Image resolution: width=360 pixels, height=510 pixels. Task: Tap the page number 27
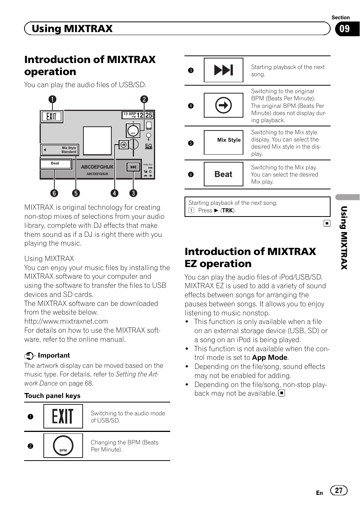pos(338,490)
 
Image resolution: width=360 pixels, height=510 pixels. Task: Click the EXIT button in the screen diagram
pos(52,117)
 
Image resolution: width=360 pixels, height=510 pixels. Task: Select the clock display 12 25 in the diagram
pos(144,115)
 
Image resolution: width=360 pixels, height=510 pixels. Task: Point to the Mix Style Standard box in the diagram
pos(60,150)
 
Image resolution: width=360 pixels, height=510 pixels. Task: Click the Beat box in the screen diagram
pos(56,164)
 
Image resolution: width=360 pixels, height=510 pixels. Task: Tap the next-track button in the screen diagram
pos(133,167)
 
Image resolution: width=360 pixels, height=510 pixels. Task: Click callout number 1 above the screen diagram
pos(52,99)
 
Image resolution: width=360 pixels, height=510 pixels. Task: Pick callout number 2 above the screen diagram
pos(144,99)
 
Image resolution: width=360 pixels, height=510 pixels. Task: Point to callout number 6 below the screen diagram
pos(54,193)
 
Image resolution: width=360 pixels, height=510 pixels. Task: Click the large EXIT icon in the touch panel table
pos(63,416)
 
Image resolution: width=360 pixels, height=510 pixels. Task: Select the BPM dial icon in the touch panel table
pos(63,445)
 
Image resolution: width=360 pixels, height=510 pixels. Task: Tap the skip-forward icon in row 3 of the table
pos(223,70)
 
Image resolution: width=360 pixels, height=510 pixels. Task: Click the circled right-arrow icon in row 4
pos(223,105)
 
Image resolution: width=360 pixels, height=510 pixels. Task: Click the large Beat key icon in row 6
pos(223,174)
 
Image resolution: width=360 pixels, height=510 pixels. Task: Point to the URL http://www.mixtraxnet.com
pos(66,321)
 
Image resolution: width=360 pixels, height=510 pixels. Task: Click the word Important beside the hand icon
pos(54,355)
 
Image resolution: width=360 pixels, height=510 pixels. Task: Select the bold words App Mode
pos(269,358)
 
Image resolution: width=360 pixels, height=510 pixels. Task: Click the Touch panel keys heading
pos(52,396)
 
